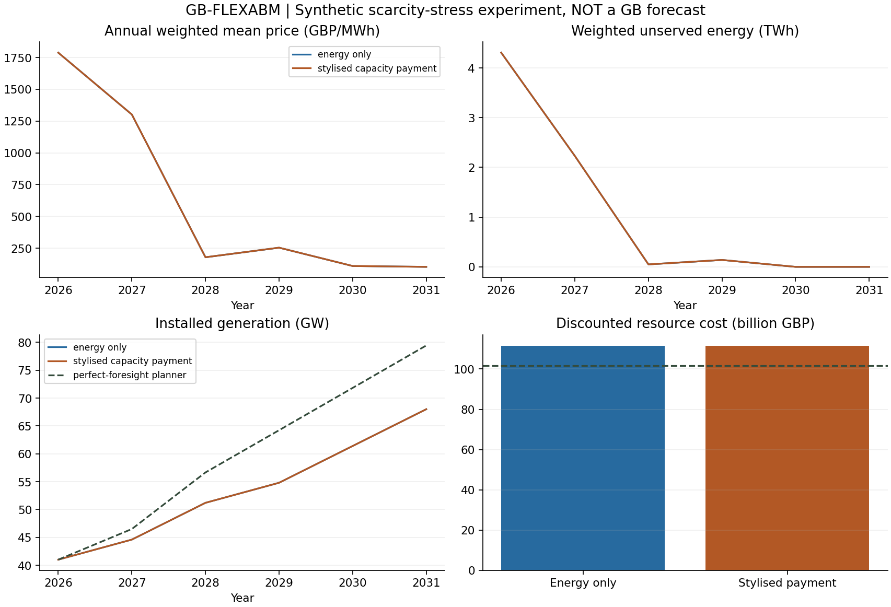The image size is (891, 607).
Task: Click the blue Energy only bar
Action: pos(583,458)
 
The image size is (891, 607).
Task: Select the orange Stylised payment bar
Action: pos(787,458)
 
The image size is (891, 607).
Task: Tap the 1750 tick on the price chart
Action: pos(17,58)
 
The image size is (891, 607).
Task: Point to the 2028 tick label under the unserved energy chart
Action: pos(649,290)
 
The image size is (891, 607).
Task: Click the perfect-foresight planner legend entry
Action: pos(115,375)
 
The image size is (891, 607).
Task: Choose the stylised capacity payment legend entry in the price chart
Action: pos(364,68)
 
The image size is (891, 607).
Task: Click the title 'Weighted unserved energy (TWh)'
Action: pos(685,31)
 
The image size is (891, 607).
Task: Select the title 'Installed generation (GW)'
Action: pos(242,323)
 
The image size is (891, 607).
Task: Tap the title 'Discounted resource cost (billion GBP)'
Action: pos(685,323)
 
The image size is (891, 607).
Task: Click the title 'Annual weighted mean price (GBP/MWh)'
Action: pos(242,31)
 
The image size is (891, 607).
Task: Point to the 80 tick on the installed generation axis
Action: pos(25,343)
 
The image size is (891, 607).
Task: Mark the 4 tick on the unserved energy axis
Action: pos(471,68)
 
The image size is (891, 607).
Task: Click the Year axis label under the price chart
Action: pos(242,305)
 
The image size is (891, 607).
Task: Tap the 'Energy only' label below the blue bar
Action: pos(583,583)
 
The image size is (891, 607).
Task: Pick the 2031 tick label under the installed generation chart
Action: pos(426,583)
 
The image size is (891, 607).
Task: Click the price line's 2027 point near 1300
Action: pos(132,114)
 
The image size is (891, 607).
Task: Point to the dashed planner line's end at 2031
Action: pos(426,345)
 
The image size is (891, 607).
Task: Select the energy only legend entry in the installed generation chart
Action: pos(87,347)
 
